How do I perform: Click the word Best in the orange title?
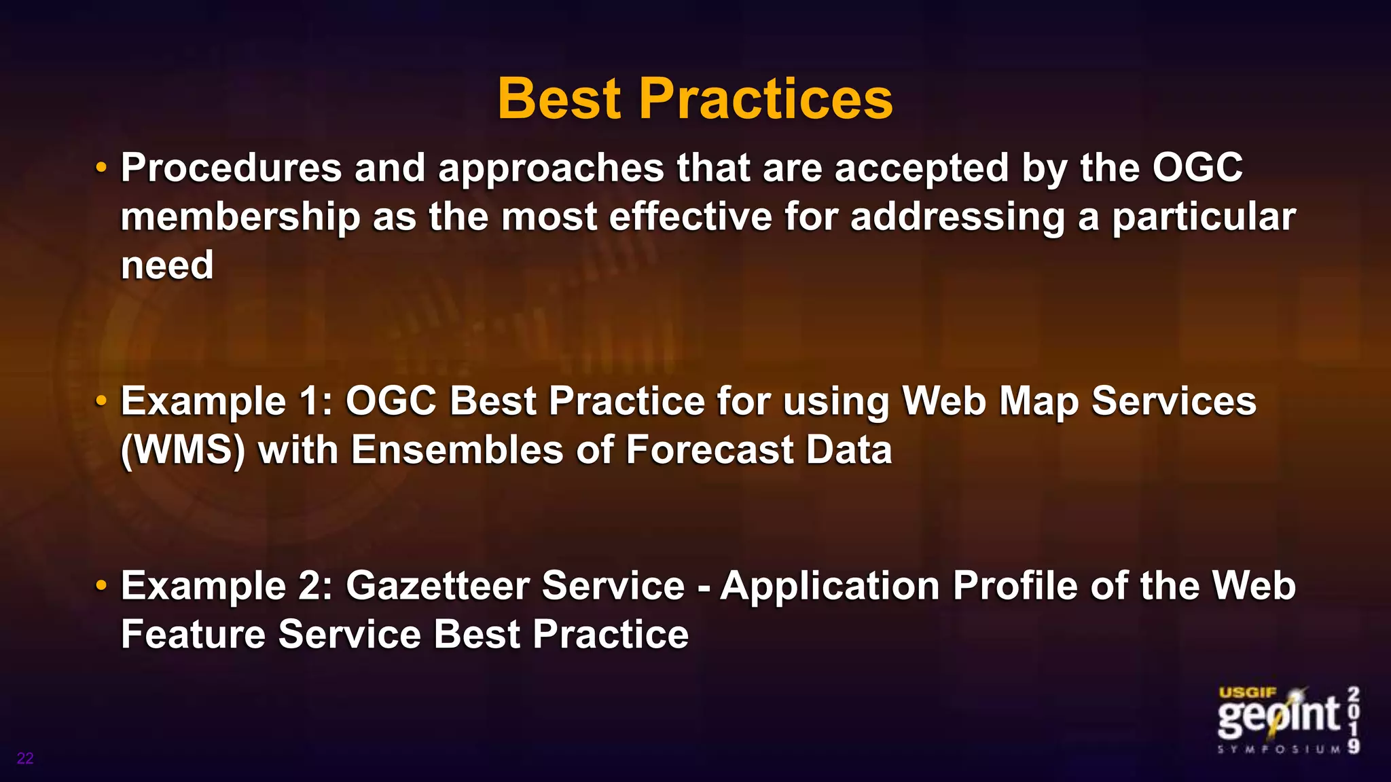tap(558, 99)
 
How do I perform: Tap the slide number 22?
tap(25, 758)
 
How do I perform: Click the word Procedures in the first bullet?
tap(231, 168)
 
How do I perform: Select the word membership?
tap(240, 217)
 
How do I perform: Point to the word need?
tap(167, 265)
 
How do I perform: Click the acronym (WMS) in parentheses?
tap(183, 450)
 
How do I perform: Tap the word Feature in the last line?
tap(193, 634)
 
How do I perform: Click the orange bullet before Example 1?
tap(101, 401)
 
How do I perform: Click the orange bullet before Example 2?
tap(101, 584)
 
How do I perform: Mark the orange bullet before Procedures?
tap(101, 167)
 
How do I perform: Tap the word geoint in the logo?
tap(1277, 716)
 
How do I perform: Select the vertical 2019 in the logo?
tap(1354, 720)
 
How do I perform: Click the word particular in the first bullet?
tap(1203, 217)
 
